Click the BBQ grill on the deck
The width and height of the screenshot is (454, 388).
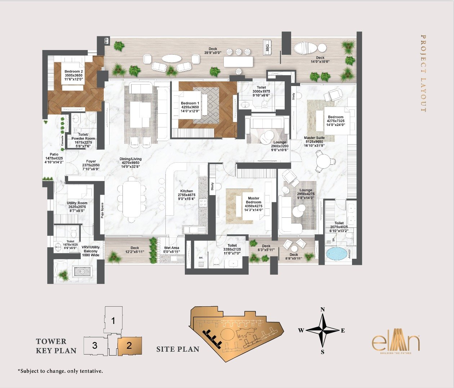pyautogui.click(x=267, y=46)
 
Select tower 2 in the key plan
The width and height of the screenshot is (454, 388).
pyautogui.click(x=129, y=346)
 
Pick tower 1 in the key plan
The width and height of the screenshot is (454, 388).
pyautogui.click(x=113, y=320)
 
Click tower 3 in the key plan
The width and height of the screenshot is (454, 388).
pyautogui.click(x=95, y=346)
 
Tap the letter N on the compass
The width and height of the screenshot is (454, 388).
pyautogui.click(x=323, y=310)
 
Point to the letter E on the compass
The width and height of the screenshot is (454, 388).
pyautogui.click(x=343, y=330)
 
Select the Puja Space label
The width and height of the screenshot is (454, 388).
pyautogui.click(x=102, y=211)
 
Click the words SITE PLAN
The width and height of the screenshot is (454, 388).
pyautogui.click(x=178, y=349)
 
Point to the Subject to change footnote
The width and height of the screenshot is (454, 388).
pyautogui.click(x=60, y=371)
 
